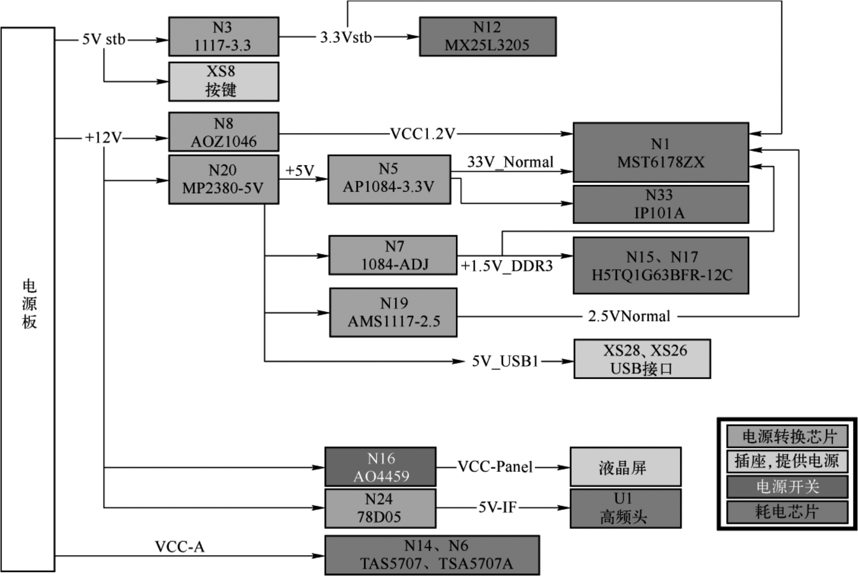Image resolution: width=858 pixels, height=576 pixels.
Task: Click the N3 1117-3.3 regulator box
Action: pyautogui.click(x=223, y=36)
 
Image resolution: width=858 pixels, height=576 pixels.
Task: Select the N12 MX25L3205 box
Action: pyautogui.click(x=488, y=36)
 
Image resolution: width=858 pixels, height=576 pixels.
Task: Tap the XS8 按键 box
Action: pyautogui.click(x=223, y=81)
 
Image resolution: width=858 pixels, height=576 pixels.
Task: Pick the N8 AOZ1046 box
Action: pyautogui.click(x=223, y=132)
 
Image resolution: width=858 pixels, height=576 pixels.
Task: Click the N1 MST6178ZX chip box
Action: pyautogui.click(x=661, y=152)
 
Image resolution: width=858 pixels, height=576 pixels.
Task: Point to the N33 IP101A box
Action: pyautogui.click(x=661, y=204)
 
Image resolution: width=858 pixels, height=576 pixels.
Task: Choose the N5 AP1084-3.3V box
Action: pyautogui.click(x=389, y=179)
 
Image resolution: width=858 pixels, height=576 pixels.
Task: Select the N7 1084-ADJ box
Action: pyautogui.click(x=393, y=255)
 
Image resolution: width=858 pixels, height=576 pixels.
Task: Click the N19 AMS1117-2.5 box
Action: pyautogui.click(x=393, y=312)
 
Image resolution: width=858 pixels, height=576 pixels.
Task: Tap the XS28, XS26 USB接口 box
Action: pyautogui.click(x=642, y=359)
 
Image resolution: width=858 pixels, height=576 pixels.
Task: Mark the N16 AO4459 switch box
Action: pyautogui.click(x=380, y=467)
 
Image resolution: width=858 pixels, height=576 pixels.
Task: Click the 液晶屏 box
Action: pyautogui.click(x=625, y=467)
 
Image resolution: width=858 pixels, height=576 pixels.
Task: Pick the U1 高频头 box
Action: pyautogui.click(x=625, y=508)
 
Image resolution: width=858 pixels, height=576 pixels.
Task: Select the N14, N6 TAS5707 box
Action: pyautogui.click(x=432, y=555)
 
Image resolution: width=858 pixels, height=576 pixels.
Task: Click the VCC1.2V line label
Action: pyautogui.click(x=423, y=134)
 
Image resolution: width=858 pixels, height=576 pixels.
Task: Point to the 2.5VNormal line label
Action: pyautogui.click(x=629, y=316)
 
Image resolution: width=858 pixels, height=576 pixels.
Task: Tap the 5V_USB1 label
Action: pyautogui.click(x=505, y=361)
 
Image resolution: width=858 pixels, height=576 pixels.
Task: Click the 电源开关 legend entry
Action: pyautogui.click(x=787, y=487)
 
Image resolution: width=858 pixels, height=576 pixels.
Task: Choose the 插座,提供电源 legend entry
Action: pyautogui.click(x=787, y=461)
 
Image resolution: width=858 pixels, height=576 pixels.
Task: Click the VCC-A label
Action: pyautogui.click(x=180, y=547)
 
